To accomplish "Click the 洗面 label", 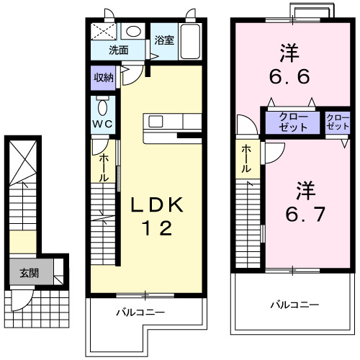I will [x=119, y=50].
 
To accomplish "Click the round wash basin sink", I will [x=134, y=32].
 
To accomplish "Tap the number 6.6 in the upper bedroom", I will [x=289, y=63].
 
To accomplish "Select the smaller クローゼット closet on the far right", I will [x=336, y=121].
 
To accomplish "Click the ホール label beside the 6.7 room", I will [x=246, y=158].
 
